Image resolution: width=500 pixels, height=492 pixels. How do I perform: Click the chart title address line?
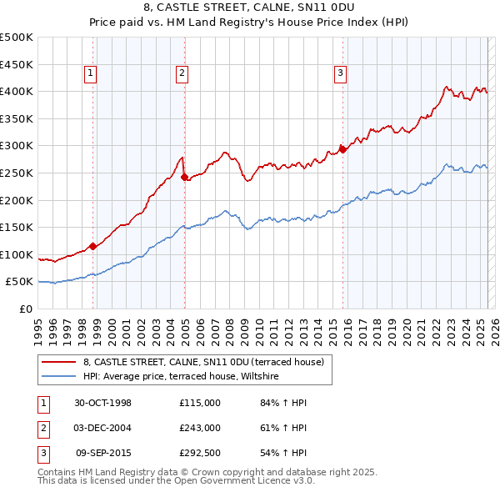250,8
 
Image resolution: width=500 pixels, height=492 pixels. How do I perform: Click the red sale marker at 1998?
93,246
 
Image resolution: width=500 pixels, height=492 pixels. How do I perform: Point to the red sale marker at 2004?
184,176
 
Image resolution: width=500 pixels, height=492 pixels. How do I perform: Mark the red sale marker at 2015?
342,150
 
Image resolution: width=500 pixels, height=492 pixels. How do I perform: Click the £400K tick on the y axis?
17,91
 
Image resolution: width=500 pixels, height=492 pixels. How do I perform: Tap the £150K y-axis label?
17,227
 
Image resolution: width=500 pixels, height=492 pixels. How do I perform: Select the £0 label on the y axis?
27,309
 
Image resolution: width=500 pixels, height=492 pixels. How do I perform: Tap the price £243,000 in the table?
200,428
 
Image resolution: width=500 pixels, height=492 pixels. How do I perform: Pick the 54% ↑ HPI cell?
283,453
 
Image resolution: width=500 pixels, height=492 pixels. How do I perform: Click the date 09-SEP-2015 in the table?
103,453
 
